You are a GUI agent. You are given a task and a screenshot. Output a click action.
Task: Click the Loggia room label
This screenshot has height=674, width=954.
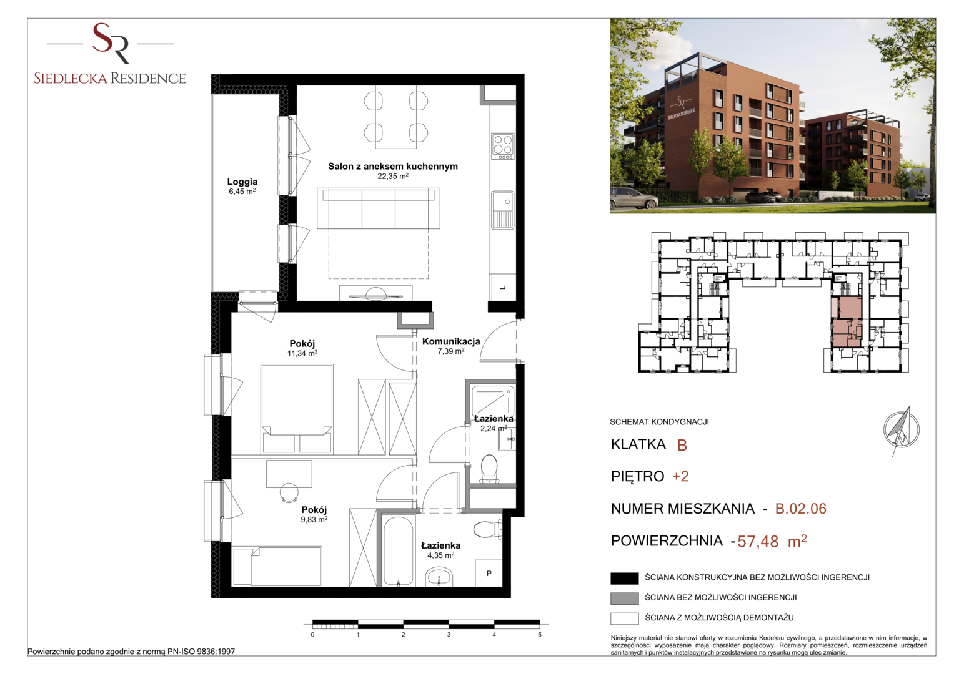(242, 182)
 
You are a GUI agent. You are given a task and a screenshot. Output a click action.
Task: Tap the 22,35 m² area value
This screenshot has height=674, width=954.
(393, 176)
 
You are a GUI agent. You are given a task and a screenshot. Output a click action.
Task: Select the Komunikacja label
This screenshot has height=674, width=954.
(451, 341)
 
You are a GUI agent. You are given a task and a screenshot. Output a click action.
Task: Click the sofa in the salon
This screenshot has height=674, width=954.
(379, 208)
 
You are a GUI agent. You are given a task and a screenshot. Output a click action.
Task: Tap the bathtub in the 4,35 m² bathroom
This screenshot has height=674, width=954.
(398, 552)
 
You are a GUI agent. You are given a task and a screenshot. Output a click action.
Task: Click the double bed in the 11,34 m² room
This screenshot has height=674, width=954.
(297, 409)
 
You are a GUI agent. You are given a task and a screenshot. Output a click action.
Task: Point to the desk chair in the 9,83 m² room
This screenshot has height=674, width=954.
(289, 493)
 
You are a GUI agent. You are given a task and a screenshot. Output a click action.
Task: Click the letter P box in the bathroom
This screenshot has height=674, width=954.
(489, 573)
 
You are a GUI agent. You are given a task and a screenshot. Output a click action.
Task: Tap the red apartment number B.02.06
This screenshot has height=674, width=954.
(801, 509)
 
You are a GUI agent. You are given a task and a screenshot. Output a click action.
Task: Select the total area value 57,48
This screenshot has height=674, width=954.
(758, 541)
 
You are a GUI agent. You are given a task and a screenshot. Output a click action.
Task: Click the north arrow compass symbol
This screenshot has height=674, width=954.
(901, 431)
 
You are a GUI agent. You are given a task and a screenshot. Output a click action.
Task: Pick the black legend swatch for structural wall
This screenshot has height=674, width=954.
(624, 578)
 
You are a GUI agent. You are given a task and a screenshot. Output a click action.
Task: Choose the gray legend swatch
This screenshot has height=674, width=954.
(624, 598)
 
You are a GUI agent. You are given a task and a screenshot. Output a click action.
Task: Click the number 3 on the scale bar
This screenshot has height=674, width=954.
(449, 635)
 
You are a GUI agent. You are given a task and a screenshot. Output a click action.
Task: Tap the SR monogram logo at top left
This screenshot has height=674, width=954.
(111, 43)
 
